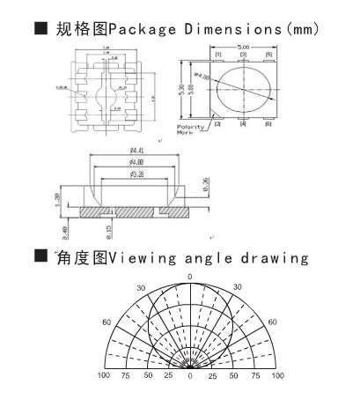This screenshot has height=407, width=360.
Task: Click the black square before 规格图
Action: point(39,29)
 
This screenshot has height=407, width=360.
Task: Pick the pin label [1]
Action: point(217,55)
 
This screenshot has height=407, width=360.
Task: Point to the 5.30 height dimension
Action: point(183,89)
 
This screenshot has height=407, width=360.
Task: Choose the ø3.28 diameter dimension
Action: point(136,176)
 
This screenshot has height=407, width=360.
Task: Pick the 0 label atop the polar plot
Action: point(189,277)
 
